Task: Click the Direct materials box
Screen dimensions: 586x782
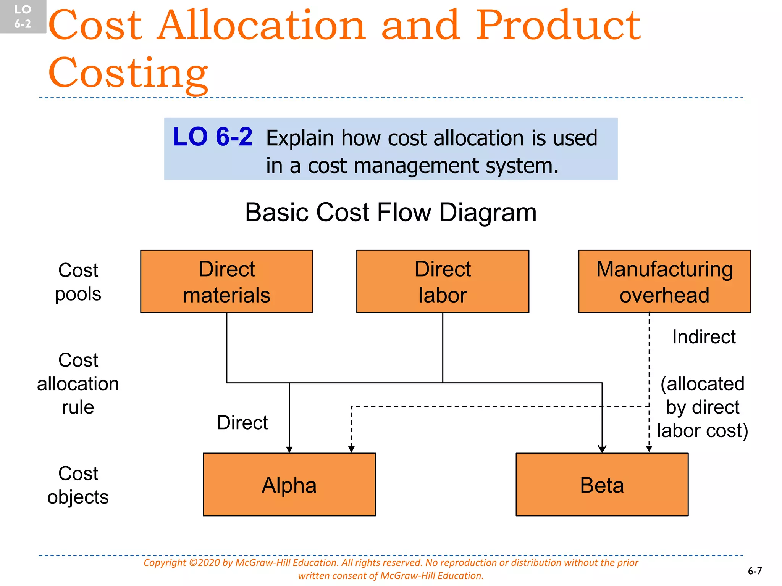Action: pos(226,282)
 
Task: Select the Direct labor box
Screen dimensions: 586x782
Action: pos(443,282)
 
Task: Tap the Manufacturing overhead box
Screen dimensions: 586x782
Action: pos(664,282)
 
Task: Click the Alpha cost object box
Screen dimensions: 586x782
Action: pos(289,485)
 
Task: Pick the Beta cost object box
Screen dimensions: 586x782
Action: pos(602,485)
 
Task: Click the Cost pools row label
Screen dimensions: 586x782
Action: pos(78,282)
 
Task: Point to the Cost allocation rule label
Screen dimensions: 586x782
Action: pos(78,383)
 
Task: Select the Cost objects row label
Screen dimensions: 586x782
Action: pos(78,485)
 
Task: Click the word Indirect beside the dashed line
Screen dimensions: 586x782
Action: pos(703,337)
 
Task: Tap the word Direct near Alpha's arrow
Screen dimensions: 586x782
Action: pos(242,423)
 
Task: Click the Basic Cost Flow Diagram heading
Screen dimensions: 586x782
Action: pos(391,212)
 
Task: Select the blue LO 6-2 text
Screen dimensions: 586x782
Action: pos(212,137)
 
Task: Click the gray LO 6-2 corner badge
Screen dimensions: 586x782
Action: pos(23,17)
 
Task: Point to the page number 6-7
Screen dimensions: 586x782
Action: pos(755,571)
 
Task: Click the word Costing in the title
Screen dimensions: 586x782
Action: pos(128,72)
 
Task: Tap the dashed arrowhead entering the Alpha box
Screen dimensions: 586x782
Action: pos(351,449)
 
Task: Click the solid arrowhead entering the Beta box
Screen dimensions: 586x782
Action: pos(602,449)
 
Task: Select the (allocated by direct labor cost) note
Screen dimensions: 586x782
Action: pos(703,407)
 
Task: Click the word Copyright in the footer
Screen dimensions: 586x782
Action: pos(165,563)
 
